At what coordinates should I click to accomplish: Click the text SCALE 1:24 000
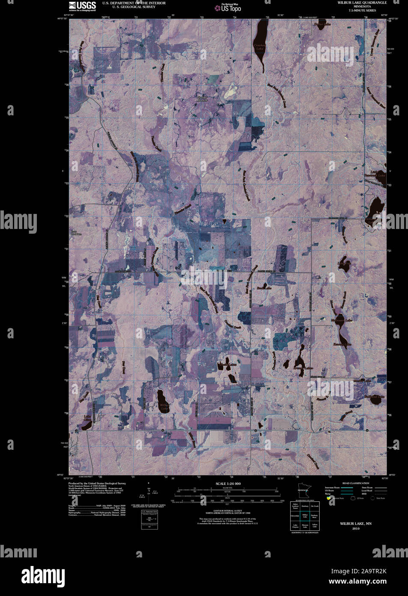click(228, 484)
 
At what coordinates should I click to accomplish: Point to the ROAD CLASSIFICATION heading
click(355, 483)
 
